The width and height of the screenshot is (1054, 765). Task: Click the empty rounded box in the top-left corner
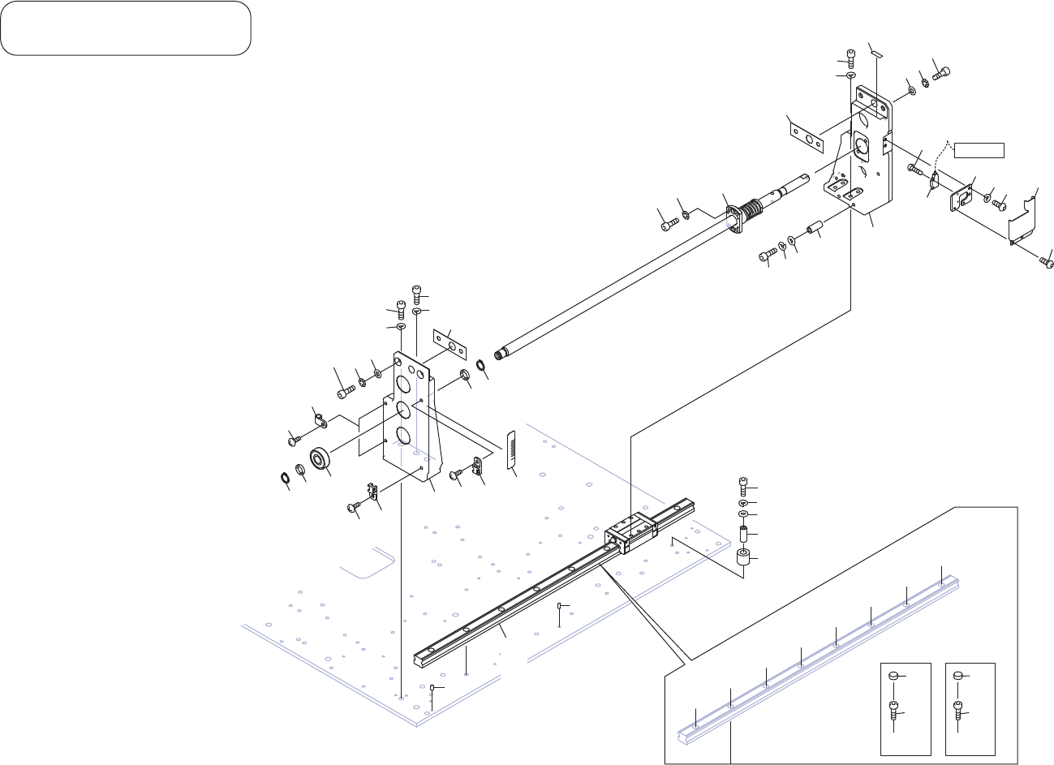[126, 28]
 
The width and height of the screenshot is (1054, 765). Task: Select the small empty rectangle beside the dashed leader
[979, 149]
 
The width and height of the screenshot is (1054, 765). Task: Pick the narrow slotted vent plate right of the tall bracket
[511, 451]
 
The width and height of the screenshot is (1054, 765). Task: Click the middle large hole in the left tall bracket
[403, 409]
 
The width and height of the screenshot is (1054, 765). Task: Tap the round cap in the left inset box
[894, 675]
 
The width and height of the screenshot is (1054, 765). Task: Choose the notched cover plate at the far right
[1024, 219]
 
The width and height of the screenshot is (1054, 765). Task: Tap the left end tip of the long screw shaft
[504, 353]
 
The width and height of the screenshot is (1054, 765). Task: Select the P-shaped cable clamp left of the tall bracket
[320, 420]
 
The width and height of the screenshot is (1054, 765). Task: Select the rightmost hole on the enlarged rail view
[941, 582]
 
